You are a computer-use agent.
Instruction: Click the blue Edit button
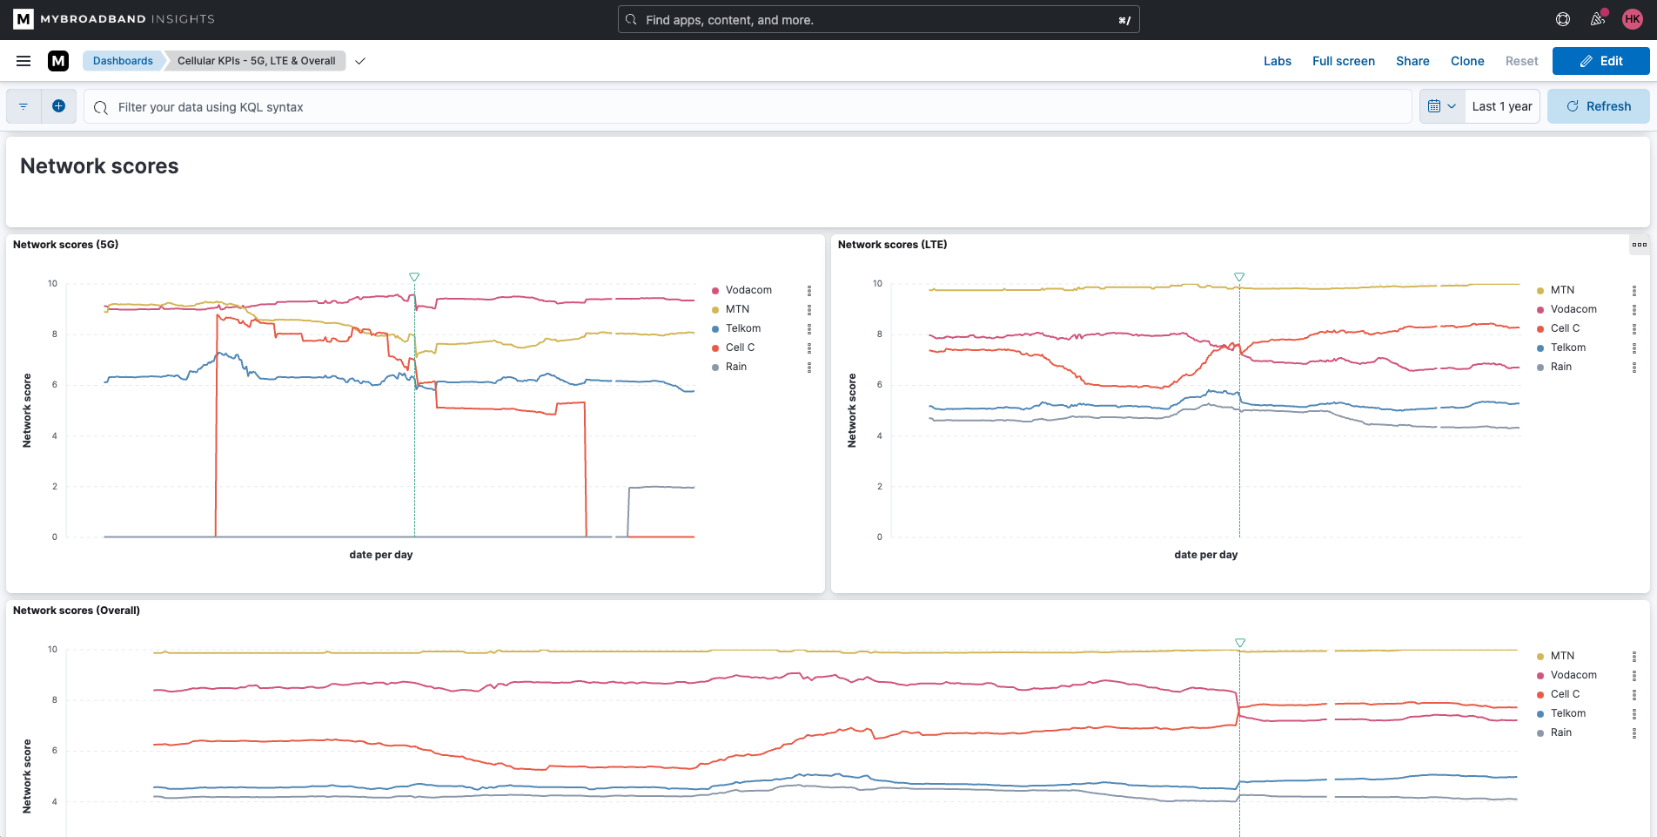pos(1600,61)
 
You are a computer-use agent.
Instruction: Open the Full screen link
pos(1344,61)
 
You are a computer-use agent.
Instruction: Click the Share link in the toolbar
pos(1412,61)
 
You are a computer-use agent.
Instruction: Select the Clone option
pos(1467,61)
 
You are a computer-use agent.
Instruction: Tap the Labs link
pos(1278,61)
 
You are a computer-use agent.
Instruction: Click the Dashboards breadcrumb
pos(123,61)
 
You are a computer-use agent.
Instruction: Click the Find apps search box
pos(878,20)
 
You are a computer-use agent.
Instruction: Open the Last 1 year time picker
pos(1502,106)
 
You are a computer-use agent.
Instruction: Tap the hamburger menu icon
pos(23,61)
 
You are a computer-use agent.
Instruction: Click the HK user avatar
pos(1632,19)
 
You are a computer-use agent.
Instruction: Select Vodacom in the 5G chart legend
pos(748,290)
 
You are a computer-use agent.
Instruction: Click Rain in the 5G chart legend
pos(736,367)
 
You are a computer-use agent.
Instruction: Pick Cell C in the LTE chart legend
pos(1565,328)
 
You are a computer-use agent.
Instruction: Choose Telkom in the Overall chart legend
pos(1568,713)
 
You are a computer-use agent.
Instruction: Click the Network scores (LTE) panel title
pos(892,245)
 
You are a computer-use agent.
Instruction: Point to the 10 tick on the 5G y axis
pos(53,283)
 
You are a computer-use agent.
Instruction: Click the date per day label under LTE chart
pos(1206,555)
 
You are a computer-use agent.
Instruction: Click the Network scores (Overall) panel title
pos(77,611)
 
